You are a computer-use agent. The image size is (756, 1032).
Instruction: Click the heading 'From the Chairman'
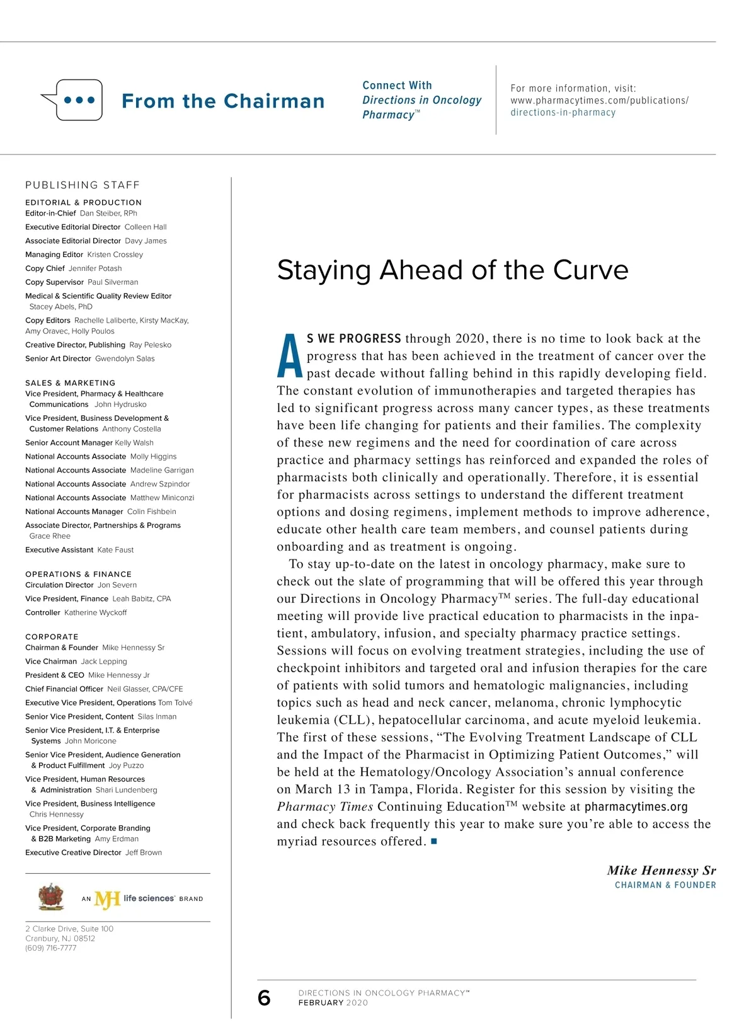223,101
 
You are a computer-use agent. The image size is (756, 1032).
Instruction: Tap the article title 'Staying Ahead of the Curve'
452,270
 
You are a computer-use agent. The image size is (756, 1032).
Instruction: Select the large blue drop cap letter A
290,356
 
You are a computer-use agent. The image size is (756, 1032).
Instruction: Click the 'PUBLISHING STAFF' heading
83,185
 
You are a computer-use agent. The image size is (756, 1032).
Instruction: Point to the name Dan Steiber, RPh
108,214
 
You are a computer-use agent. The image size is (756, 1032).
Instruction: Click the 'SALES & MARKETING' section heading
71,383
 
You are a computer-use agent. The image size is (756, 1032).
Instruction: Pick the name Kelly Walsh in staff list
134,443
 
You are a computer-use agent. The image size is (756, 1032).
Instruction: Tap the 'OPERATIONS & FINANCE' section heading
79,575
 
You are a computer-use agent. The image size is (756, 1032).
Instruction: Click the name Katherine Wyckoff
95,613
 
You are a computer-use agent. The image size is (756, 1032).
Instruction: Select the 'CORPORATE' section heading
52,637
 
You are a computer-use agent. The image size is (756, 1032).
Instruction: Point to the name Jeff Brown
144,853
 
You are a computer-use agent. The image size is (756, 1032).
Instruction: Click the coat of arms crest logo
51,897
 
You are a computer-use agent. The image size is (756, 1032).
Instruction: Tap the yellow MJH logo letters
107,900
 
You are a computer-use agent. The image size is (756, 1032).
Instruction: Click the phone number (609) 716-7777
51,948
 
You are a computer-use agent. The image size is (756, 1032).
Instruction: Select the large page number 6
264,998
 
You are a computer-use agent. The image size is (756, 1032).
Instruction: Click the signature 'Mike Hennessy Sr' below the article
661,871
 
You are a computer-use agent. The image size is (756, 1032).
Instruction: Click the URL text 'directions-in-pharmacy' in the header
563,113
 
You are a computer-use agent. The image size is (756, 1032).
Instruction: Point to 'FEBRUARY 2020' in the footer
333,1003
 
